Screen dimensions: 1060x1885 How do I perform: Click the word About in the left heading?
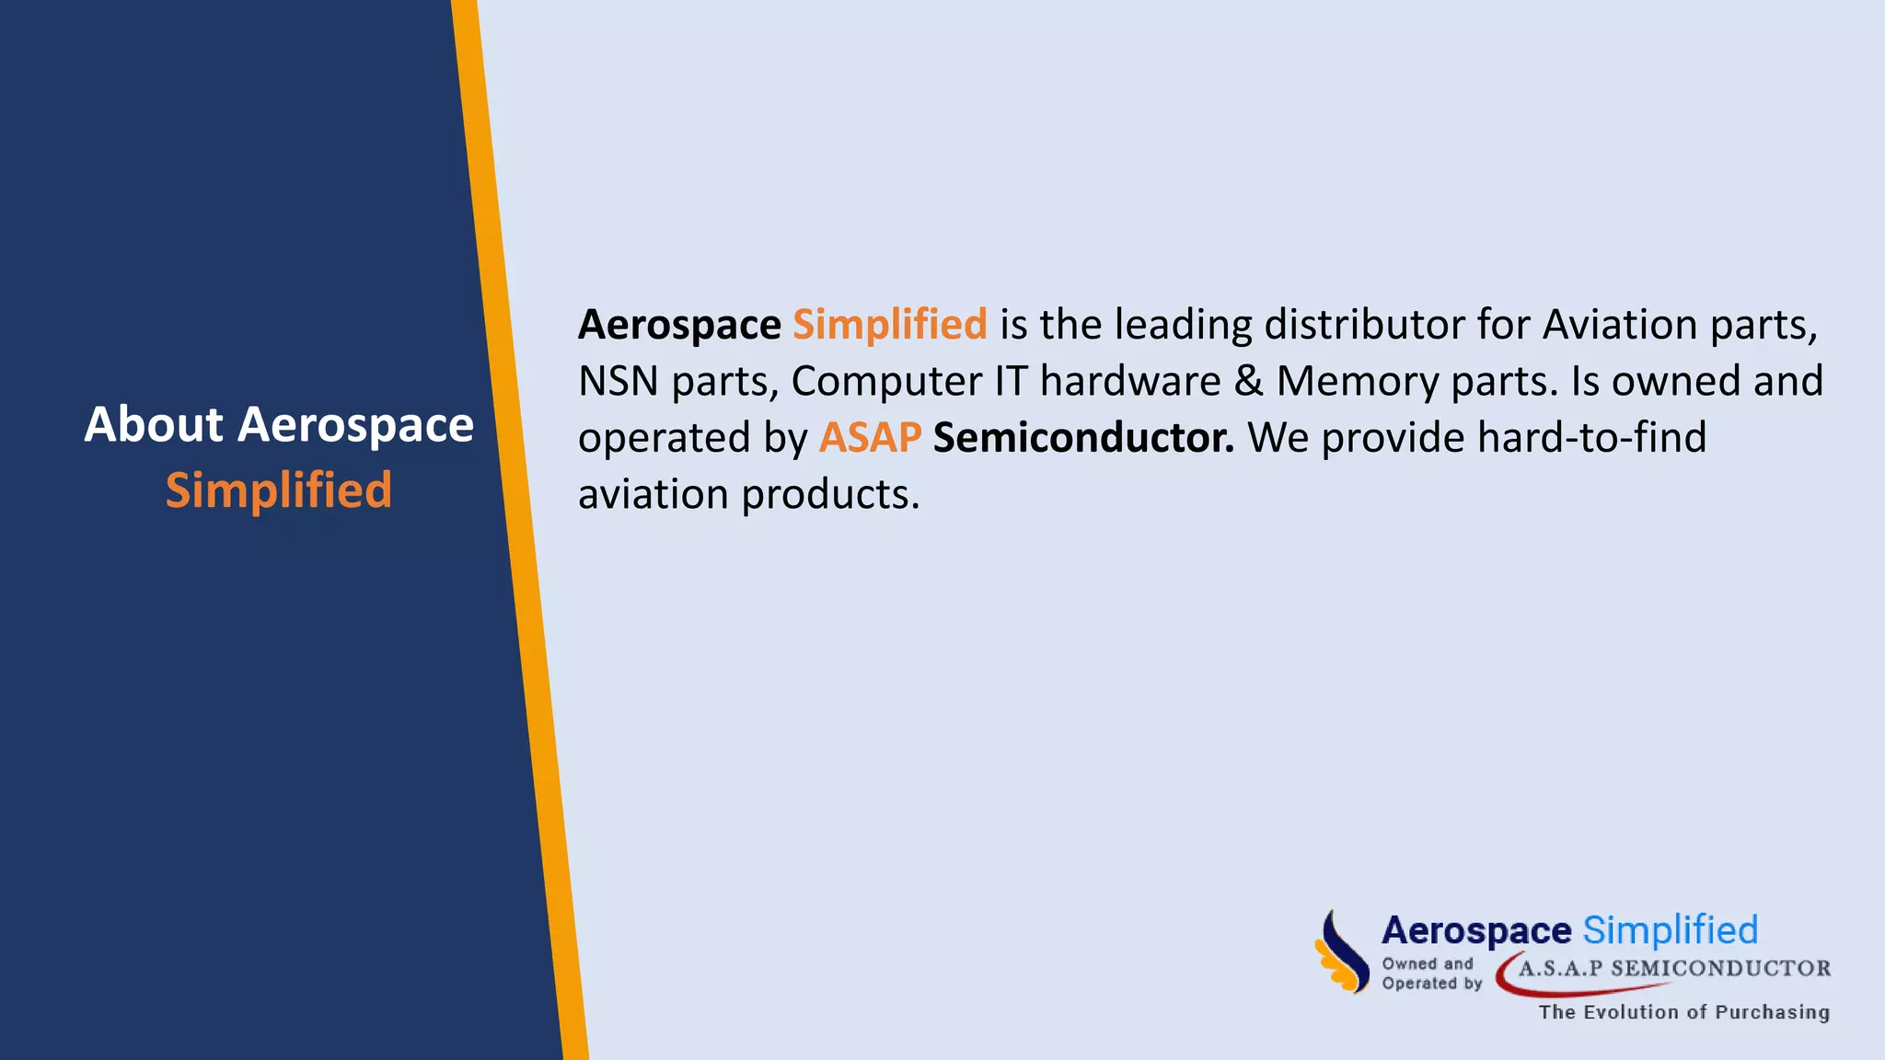(154, 425)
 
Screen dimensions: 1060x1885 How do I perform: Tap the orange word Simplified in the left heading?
(279, 490)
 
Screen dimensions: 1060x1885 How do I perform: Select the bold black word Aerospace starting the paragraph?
(679, 325)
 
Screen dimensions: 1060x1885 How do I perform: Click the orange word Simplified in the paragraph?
(889, 325)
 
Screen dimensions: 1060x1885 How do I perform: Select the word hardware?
(1130, 381)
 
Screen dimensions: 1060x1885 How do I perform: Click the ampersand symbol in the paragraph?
(1249, 381)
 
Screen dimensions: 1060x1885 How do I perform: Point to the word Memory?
(1358, 381)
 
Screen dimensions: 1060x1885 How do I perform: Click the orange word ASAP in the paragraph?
(870, 438)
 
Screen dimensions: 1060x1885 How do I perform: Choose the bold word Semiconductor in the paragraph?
(1083, 438)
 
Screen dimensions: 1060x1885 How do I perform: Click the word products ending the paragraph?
(829, 495)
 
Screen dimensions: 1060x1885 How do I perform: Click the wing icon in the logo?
(1341, 952)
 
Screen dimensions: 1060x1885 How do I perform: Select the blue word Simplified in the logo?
(1670, 930)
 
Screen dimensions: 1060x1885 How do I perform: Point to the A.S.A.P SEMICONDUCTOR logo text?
(1674, 968)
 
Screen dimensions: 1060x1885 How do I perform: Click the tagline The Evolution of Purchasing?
(1683, 1012)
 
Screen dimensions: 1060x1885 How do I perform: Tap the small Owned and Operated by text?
(1431, 974)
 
